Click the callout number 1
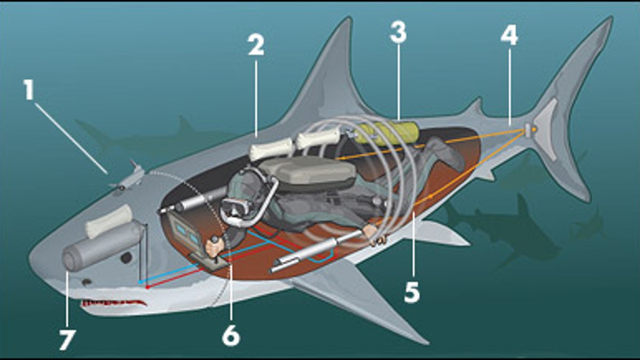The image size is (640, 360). (28, 91)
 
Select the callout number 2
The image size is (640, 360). (255, 46)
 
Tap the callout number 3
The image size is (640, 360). (398, 33)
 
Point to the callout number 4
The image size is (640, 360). (509, 35)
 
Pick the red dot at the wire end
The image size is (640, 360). (147, 287)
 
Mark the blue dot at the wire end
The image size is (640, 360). (139, 281)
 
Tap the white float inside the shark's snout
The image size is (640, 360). (109, 220)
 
